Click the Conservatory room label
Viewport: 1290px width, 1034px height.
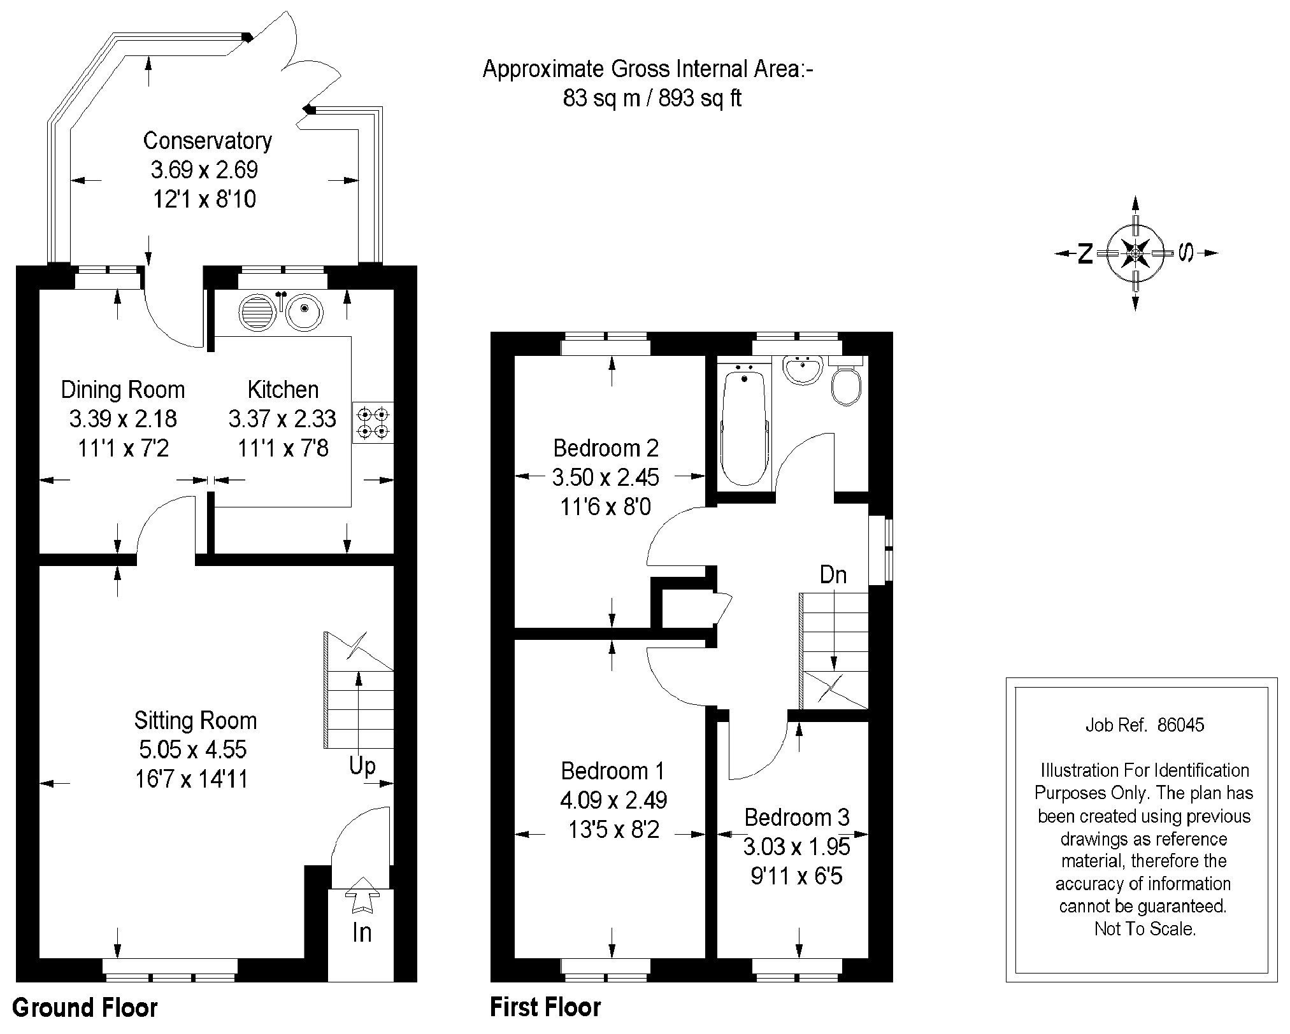[207, 141]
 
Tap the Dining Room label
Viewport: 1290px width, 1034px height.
[123, 390]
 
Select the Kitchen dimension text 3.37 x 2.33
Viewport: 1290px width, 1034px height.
[283, 419]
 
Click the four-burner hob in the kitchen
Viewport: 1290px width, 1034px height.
[373, 423]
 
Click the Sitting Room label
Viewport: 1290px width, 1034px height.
[196, 721]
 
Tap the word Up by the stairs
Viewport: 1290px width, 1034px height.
[362, 766]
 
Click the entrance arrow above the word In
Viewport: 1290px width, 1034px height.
[362, 895]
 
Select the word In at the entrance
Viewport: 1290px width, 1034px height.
[362, 933]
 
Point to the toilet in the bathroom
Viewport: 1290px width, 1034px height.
[846, 381]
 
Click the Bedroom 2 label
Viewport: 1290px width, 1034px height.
[606, 448]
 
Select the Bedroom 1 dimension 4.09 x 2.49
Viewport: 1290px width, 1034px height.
[613, 800]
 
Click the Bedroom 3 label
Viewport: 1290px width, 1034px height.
[797, 818]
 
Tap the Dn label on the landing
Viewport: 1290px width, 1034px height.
[833, 575]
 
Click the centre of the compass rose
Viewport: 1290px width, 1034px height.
[1135, 253]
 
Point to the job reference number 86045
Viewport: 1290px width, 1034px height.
[1180, 725]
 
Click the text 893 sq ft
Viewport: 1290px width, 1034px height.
[700, 99]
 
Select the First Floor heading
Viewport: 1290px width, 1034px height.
[545, 1007]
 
